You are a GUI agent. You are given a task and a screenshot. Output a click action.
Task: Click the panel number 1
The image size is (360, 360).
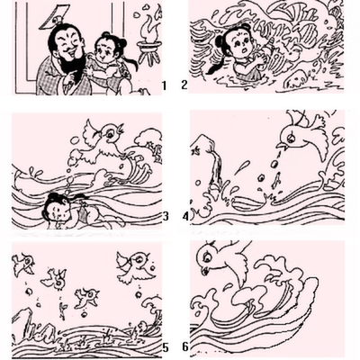(164, 85)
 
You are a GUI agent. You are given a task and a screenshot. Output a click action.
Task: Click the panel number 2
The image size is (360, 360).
(184, 85)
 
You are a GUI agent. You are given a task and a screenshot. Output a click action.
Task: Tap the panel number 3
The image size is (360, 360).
(166, 216)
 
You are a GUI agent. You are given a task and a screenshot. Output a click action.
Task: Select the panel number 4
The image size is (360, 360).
(186, 217)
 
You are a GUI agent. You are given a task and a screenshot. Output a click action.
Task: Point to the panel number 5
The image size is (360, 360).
(166, 347)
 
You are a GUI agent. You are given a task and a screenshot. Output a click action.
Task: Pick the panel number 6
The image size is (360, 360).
(185, 347)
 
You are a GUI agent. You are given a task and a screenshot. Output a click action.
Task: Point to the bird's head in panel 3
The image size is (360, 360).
(112, 132)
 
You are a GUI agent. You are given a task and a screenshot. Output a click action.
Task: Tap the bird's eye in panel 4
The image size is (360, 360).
(290, 138)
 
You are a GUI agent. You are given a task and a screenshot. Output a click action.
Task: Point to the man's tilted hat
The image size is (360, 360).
(53, 17)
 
